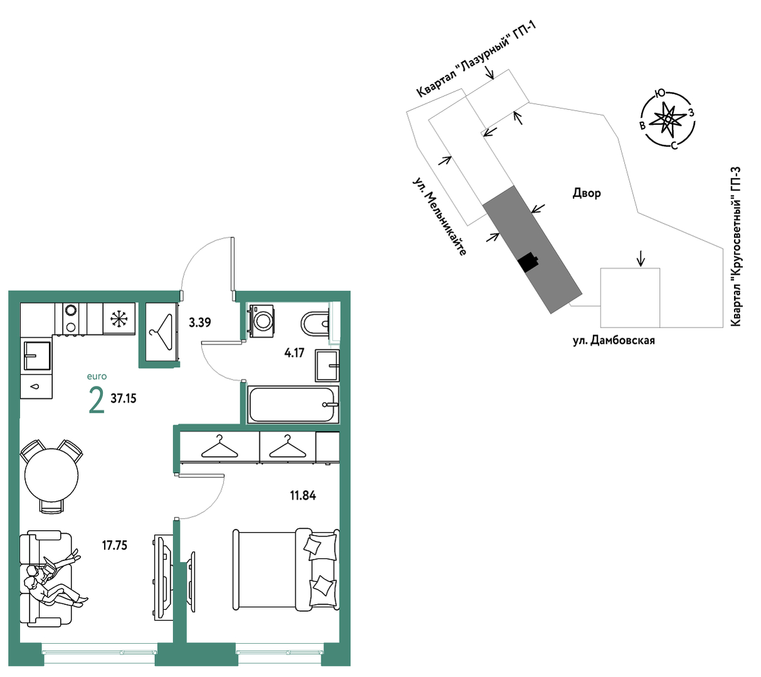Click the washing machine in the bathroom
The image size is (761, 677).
point(261,319)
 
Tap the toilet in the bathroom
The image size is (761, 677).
point(315,323)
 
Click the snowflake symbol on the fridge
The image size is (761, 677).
point(119,319)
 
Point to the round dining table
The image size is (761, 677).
point(51,475)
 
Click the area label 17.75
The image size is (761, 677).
point(115,545)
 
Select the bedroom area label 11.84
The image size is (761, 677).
point(303,496)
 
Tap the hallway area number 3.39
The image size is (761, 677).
point(200,323)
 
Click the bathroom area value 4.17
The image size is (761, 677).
point(294,353)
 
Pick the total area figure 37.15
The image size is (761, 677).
point(123,398)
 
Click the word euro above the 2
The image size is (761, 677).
point(97,376)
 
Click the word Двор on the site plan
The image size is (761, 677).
point(587,193)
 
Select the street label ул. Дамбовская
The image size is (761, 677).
point(614,340)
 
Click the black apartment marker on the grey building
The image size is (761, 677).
point(528,261)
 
